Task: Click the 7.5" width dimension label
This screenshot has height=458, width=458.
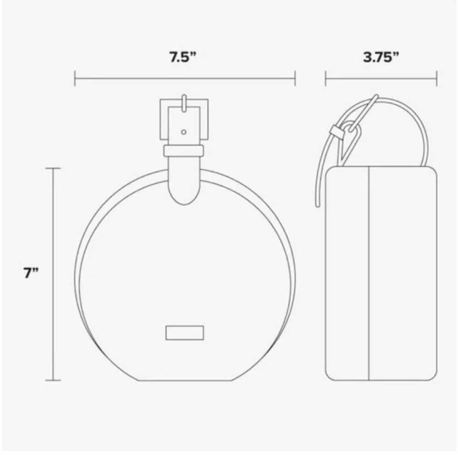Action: coord(183,57)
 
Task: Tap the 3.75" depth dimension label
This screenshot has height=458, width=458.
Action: coord(381,57)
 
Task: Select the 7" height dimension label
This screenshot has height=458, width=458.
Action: coord(31,273)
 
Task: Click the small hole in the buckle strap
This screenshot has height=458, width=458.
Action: coord(184,132)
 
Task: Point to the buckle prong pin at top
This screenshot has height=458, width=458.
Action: coord(184,103)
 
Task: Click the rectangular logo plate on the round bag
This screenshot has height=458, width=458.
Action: coord(185,333)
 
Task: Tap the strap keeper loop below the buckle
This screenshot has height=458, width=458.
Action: coord(184,151)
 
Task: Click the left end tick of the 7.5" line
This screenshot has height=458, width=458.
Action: coord(75,78)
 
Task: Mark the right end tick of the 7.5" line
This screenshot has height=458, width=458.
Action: coord(295,78)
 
